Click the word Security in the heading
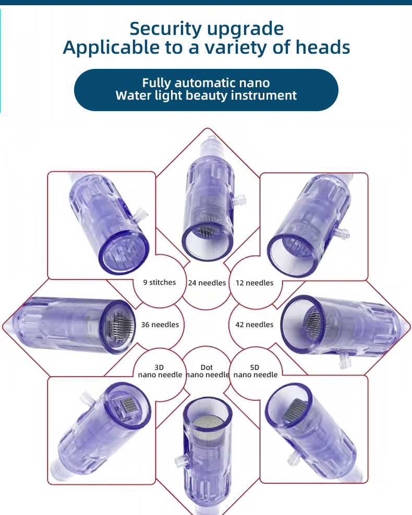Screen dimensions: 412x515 165,29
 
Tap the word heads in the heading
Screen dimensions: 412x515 323,47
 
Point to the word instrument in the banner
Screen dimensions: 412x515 263,95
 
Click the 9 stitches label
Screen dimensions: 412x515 160,282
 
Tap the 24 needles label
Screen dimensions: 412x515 207,283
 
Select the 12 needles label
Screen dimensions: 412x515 255,283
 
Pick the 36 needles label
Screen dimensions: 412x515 160,325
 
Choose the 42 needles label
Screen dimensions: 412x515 255,325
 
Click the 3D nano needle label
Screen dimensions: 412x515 160,371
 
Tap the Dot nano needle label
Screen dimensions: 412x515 207,371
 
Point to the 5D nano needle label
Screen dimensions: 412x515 256,371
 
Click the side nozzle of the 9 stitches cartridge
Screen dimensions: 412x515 141,214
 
